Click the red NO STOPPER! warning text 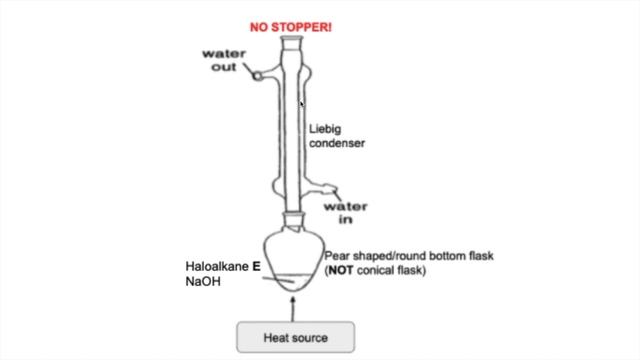pyautogui.click(x=291, y=18)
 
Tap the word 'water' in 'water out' pyautogui.click(x=225, y=52)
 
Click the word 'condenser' pyautogui.click(x=336, y=143)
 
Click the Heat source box pyautogui.click(x=295, y=337)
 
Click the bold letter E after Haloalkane pyautogui.click(x=256, y=267)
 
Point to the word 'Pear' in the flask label pyautogui.click(x=337, y=256)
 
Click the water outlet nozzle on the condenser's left pyautogui.click(x=257, y=75)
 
